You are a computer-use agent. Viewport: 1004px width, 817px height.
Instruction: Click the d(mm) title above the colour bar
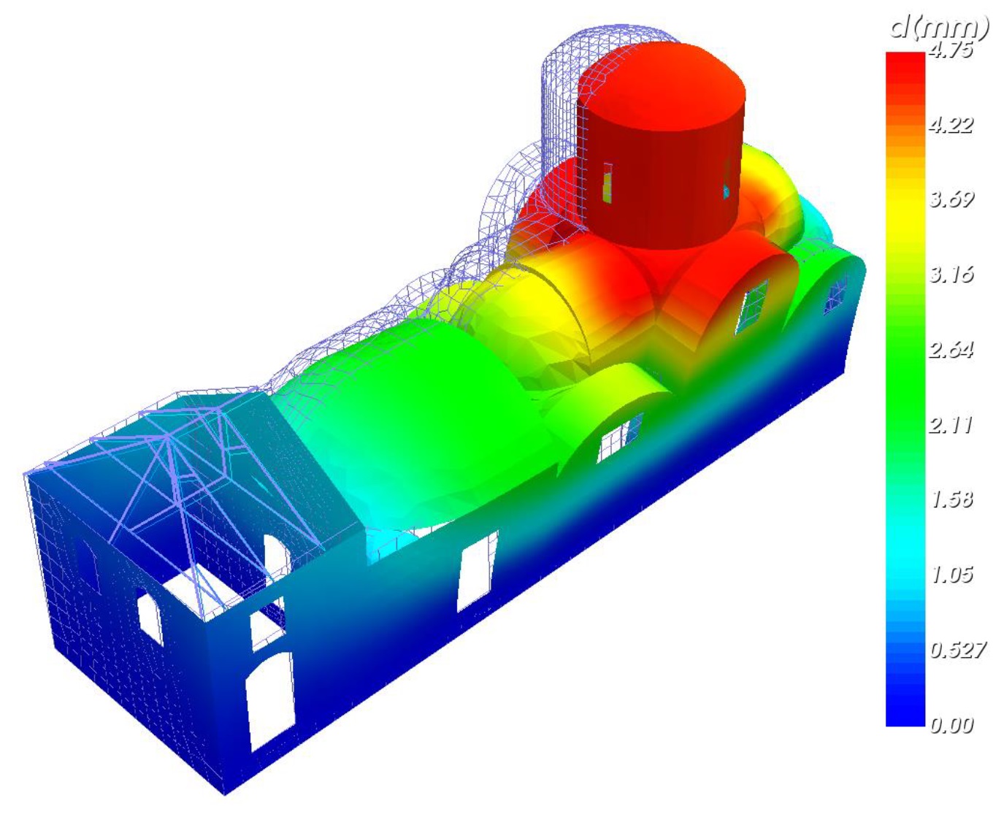tap(940, 28)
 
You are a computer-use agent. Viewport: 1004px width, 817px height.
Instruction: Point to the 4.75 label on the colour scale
tap(950, 50)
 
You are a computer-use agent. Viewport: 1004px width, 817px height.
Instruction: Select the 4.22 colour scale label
tap(951, 125)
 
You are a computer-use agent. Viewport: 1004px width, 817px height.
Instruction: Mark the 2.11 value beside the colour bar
tap(950, 425)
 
